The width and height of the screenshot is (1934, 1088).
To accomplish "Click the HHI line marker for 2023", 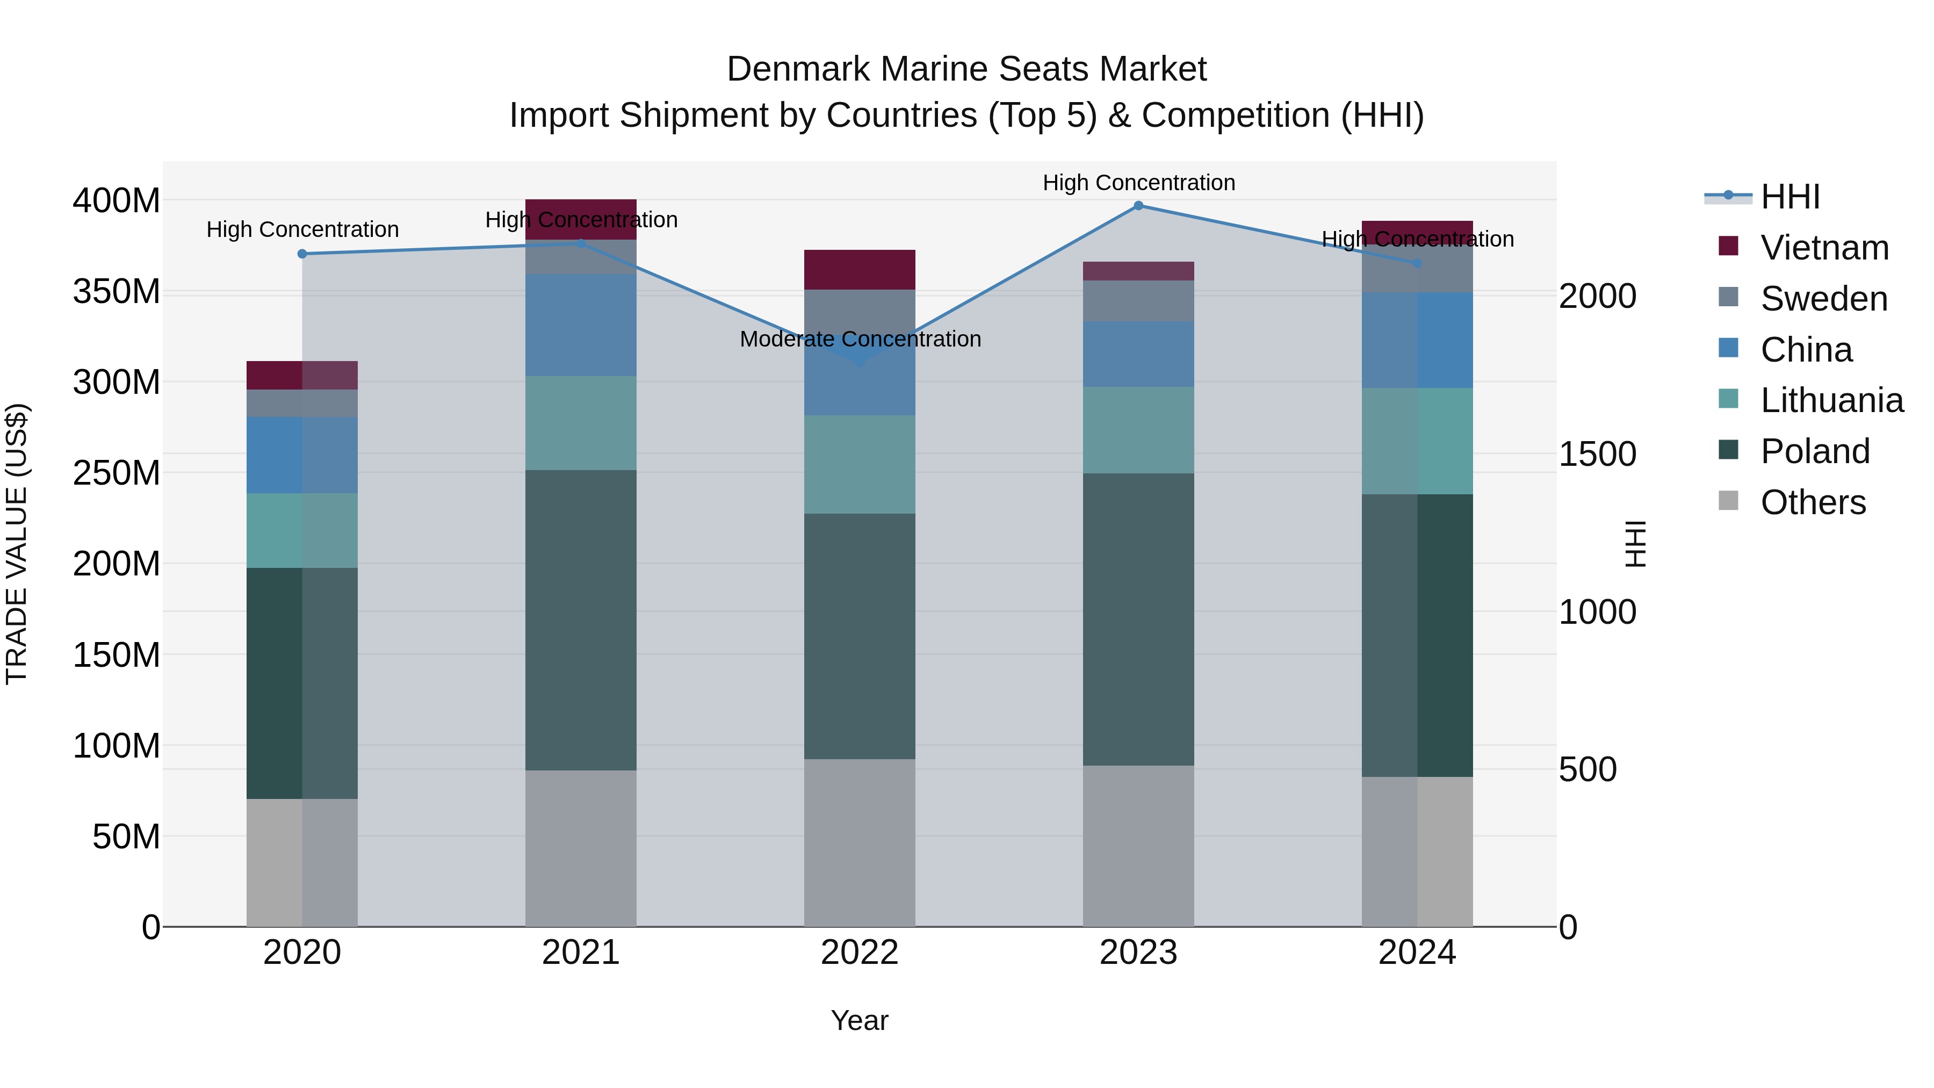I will pos(1138,206).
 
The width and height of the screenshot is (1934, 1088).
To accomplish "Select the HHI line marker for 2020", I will pos(302,254).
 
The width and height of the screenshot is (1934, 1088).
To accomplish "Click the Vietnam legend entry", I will pos(1824,248).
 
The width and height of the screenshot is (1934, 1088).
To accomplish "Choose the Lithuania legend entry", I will pos(1831,400).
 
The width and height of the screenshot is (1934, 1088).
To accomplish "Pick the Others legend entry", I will pos(1813,502).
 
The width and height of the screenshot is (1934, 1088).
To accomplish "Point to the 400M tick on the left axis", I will pos(117,201).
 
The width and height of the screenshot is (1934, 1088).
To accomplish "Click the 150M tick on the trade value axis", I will pos(117,655).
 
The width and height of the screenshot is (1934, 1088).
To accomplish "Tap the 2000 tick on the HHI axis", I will pos(1597,296).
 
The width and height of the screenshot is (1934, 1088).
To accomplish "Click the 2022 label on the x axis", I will pos(860,953).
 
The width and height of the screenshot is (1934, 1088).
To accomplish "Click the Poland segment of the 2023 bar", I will pos(1138,619).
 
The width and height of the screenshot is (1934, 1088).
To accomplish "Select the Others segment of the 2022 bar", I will pos(860,842).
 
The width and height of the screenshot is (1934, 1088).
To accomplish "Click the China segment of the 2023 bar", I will pos(1138,355).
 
